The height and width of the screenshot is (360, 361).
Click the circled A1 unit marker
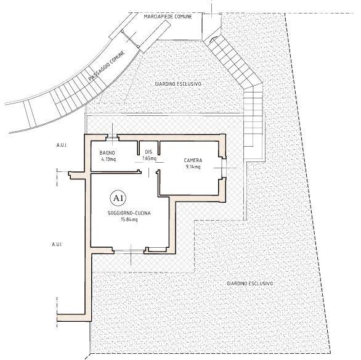click(118, 198)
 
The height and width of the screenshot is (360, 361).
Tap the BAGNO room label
click(107, 152)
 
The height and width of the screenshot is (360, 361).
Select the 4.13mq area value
click(108, 159)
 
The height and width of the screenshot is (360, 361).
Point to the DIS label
click(148, 152)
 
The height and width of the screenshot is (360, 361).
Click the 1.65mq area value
click(149, 158)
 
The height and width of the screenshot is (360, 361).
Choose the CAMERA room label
click(193, 160)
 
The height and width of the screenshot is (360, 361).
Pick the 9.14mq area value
click(193, 166)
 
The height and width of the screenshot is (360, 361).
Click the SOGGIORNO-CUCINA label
click(129, 213)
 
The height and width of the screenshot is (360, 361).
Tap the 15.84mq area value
click(129, 219)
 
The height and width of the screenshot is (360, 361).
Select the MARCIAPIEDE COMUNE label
click(168, 17)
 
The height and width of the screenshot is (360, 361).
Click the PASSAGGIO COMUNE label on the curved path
click(107, 65)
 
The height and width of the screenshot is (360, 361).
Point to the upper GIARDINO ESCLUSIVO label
click(178, 84)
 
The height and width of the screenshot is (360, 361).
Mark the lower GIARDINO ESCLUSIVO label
click(249, 284)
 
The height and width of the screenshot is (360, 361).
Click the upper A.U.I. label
click(62, 145)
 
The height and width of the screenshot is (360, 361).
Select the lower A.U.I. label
click(57, 244)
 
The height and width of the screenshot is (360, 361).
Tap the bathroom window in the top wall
click(113, 138)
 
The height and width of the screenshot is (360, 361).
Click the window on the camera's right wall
click(223, 168)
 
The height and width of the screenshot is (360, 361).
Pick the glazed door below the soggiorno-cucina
click(129, 251)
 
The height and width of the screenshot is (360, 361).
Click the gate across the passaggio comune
click(131, 39)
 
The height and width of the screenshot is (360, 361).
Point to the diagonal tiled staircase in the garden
click(233, 62)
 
